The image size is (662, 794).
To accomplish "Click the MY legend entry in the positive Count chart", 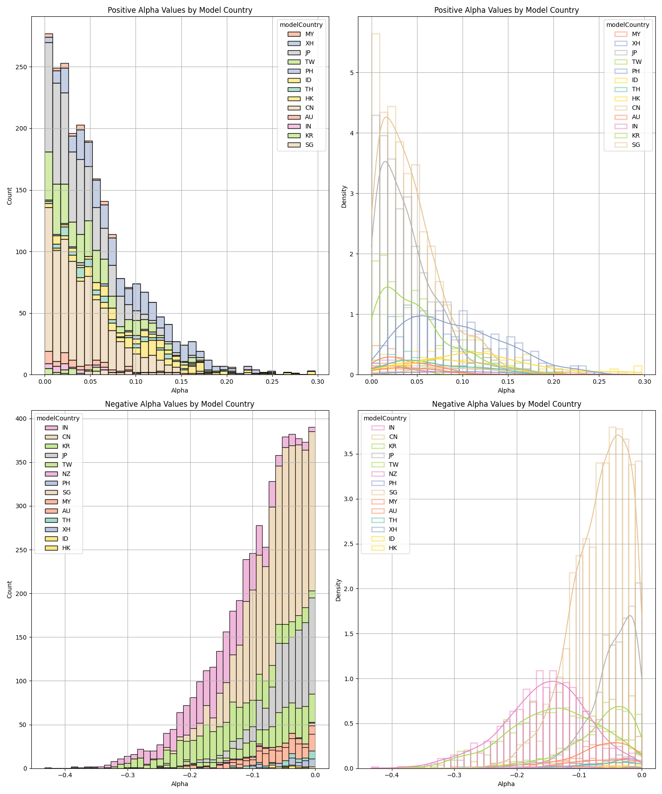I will pos(309,34).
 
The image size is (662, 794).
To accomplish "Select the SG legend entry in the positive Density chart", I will pos(636,145).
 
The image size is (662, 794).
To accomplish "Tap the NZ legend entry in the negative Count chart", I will pos(66,474).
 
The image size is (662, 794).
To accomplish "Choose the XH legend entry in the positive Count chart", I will pos(309,43).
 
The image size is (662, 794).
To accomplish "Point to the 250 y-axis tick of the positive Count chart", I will pos(20,67).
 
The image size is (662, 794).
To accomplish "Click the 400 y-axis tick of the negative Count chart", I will pos(20,419).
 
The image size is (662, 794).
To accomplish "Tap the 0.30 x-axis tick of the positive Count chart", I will pos(317,381).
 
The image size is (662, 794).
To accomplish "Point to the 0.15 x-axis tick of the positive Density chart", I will pos(508,381).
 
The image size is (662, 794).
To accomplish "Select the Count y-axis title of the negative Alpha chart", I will pos(10,589).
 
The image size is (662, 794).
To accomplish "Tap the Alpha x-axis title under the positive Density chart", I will pos(506,390).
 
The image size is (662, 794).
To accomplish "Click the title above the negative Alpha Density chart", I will pos(506,404).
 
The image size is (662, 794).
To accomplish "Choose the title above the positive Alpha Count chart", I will pos(180,10).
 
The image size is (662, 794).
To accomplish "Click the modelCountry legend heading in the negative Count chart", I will pos(58,418).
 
